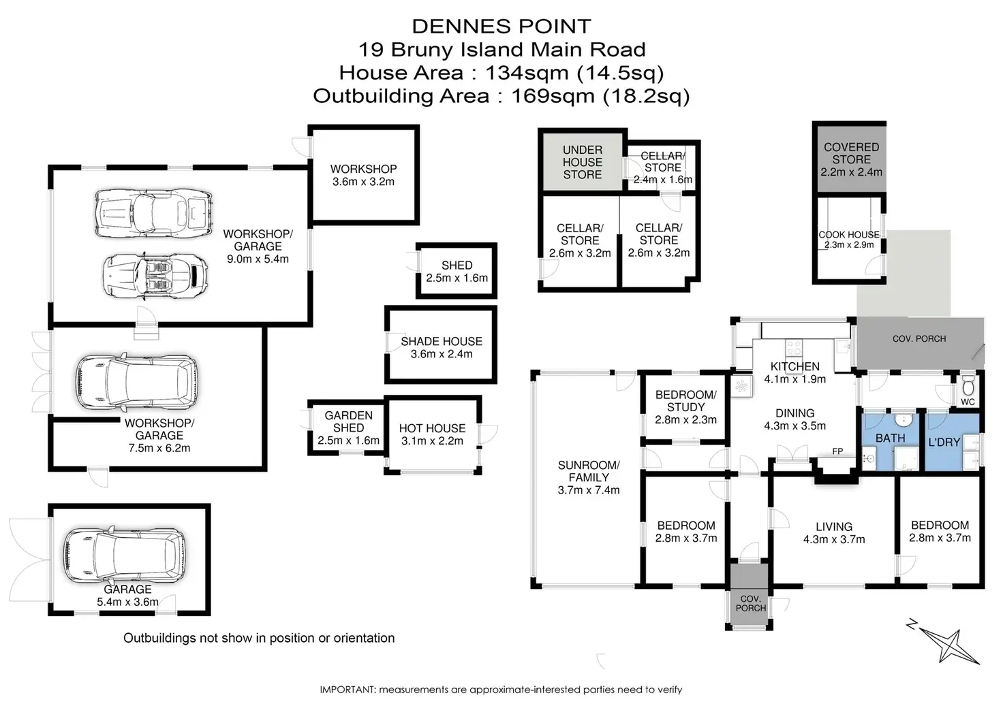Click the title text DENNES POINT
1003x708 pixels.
pyautogui.click(x=501, y=27)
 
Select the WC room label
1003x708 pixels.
pyautogui.click(x=968, y=402)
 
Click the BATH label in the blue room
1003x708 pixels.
pyautogui.click(x=890, y=438)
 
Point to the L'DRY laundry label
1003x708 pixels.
pyautogui.click(x=944, y=442)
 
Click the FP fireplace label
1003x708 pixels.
pyautogui.click(x=837, y=451)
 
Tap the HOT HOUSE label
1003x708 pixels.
pyautogui.click(x=432, y=428)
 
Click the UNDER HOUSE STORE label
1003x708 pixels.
pyautogui.click(x=582, y=162)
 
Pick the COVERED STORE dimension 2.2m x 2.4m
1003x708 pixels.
pyautogui.click(x=851, y=172)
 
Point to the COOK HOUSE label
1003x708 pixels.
pyautogui.click(x=848, y=235)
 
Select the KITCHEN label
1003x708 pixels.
pyautogui.click(x=794, y=366)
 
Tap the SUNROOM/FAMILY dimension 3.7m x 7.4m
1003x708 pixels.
pyautogui.click(x=589, y=490)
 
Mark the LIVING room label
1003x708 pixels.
pyautogui.click(x=833, y=526)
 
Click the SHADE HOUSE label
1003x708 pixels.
pyautogui.click(x=441, y=341)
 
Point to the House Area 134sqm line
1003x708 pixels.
pyautogui.click(x=501, y=72)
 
